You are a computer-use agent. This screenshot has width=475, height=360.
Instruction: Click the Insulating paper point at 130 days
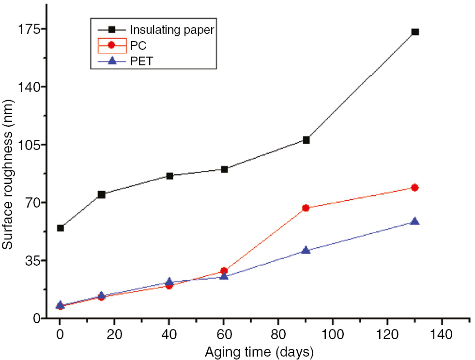(x=415, y=32)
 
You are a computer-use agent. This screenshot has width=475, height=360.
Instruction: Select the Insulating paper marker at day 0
(x=61, y=228)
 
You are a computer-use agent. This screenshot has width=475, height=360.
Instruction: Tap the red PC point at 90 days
(x=306, y=208)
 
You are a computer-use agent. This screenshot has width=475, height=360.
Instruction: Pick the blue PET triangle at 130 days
(x=414, y=221)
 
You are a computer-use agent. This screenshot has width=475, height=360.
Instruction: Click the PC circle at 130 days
(x=414, y=188)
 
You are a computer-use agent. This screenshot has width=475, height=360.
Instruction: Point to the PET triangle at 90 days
(x=306, y=250)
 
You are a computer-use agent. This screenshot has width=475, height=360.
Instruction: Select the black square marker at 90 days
(x=306, y=140)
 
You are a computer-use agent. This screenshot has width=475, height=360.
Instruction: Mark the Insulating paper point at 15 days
(x=101, y=195)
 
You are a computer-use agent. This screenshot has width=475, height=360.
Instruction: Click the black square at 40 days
(x=169, y=176)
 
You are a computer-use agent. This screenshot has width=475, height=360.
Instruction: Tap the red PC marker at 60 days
(x=224, y=271)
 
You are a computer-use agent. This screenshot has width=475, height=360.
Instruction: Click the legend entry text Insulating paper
(x=172, y=30)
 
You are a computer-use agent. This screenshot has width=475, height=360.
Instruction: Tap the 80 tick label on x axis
(x=278, y=334)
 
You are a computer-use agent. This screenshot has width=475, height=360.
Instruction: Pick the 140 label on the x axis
(x=442, y=334)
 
